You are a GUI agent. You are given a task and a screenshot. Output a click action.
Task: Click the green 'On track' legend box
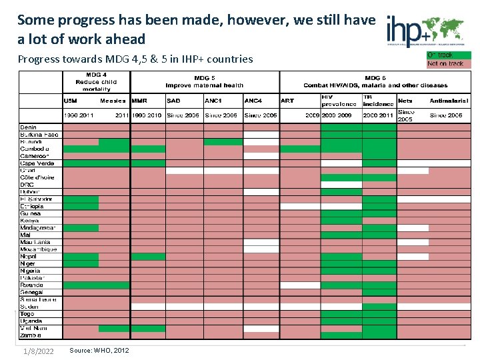click(448, 55)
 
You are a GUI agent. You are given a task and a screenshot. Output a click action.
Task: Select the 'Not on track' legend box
click(448, 64)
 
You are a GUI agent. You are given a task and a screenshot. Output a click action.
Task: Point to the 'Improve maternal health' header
click(204, 85)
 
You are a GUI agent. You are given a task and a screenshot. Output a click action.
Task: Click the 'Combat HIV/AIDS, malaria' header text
click(375, 85)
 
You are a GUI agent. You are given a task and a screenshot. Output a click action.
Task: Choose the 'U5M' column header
click(71, 101)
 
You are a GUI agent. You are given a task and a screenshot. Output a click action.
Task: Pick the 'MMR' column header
click(139, 101)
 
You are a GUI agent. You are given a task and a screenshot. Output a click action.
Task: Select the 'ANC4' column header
click(253, 101)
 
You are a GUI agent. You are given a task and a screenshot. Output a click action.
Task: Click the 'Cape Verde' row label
click(37, 163)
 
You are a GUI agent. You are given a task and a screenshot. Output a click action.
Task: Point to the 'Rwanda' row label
click(33, 285)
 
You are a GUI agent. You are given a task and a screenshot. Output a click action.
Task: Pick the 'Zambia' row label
click(31, 335)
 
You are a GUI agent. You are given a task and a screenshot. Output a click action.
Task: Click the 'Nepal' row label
click(29, 257)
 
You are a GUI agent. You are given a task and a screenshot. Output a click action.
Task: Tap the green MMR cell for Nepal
click(147, 257)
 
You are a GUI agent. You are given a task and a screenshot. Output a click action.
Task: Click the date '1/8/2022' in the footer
click(38, 351)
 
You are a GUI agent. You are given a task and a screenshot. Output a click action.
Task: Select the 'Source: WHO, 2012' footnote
click(99, 351)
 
